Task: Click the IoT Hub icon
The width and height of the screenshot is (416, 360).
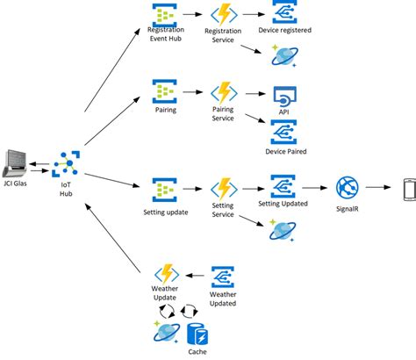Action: [66, 164]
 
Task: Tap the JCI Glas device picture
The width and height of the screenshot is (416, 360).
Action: [15, 163]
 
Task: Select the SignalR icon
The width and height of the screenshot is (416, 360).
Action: [348, 187]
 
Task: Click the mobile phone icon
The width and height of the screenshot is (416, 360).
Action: [410, 190]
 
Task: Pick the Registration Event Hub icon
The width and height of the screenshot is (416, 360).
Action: [165, 15]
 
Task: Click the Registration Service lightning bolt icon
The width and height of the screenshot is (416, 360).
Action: [224, 15]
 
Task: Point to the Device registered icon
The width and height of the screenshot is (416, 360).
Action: [284, 11]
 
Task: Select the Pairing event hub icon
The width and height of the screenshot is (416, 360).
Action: [165, 91]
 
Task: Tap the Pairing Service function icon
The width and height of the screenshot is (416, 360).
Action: [224, 93]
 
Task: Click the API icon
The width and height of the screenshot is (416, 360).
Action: [284, 97]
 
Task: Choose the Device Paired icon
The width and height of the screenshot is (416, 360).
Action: [283, 132]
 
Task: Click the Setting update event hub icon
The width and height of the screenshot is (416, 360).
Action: [165, 190]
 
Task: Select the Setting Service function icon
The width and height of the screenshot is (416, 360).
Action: [224, 189]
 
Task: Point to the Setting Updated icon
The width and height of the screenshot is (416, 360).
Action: [283, 186]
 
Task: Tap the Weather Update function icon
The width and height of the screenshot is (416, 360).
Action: [167, 274]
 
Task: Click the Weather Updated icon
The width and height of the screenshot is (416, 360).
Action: [223, 277]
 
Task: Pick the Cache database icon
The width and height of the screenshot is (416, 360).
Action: [197, 334]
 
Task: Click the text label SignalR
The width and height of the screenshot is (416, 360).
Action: [348, 209]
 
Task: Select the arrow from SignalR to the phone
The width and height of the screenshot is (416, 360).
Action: [378, 187]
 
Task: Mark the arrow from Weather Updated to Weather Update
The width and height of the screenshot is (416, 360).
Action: [195, 276]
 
